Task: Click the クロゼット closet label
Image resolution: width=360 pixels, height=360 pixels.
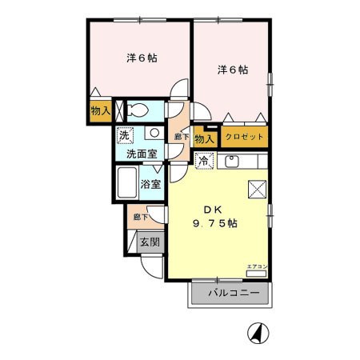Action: coord(244,138)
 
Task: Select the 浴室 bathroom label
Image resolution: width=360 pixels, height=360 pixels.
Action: coord(151,183)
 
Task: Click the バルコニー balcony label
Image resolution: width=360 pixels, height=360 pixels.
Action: coord(234,293)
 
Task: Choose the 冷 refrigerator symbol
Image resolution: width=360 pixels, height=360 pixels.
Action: coord(203,160)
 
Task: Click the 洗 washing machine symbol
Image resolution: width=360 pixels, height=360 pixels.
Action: coord(126,134)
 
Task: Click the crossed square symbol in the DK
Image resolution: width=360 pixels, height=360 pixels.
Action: coord(258,189)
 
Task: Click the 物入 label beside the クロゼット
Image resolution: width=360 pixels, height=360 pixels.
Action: coord(203,138)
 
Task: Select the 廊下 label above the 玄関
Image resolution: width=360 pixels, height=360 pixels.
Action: coord(138,216)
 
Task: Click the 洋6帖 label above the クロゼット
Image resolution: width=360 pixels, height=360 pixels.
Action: coord(233,70)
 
